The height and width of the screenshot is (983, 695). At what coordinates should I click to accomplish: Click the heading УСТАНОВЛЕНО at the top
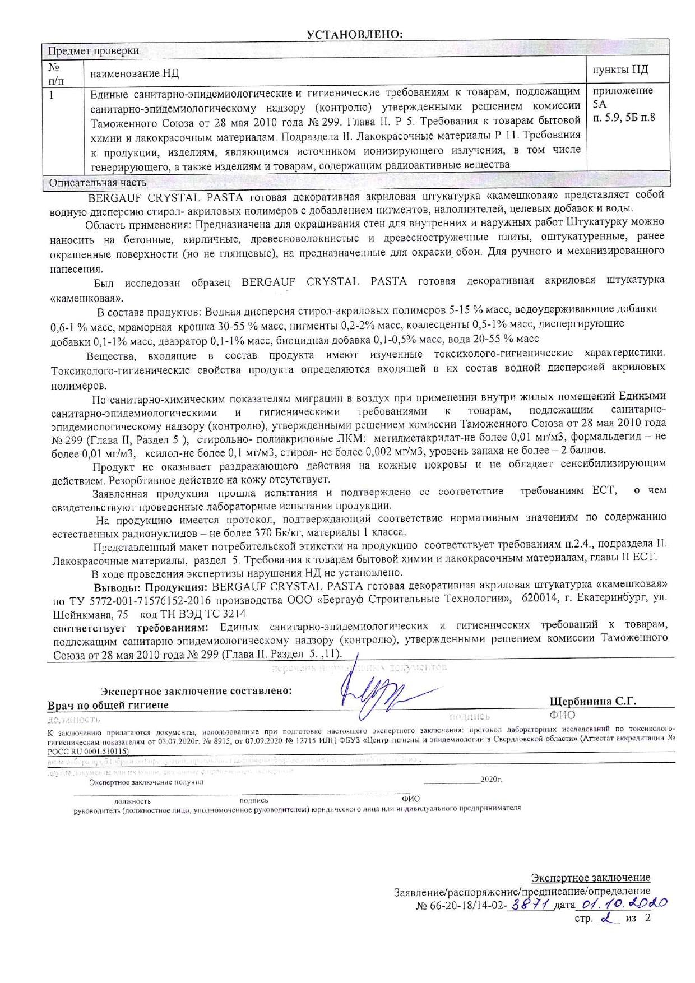[355, 34]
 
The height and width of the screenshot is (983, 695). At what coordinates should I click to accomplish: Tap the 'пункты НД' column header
[620, 69]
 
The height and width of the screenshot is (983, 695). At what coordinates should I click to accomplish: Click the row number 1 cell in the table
[52, 95]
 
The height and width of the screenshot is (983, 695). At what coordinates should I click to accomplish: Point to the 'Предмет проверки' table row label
[93, 51]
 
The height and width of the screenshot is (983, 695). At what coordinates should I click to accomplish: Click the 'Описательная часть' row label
[98, 182]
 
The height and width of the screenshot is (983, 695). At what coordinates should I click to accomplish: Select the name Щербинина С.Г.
[593, 701]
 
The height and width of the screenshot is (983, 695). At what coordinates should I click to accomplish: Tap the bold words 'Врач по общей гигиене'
[108, 705]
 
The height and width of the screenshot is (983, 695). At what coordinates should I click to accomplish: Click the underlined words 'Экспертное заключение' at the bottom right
[590, 878]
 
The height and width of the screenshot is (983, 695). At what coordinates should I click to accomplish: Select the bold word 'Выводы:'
[117, 587]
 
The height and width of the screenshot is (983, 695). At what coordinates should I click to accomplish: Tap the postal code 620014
[539, 599]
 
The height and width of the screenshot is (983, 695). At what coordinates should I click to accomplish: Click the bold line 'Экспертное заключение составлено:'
[196, 691]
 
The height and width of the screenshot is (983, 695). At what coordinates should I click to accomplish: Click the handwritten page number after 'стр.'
[605, 919]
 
